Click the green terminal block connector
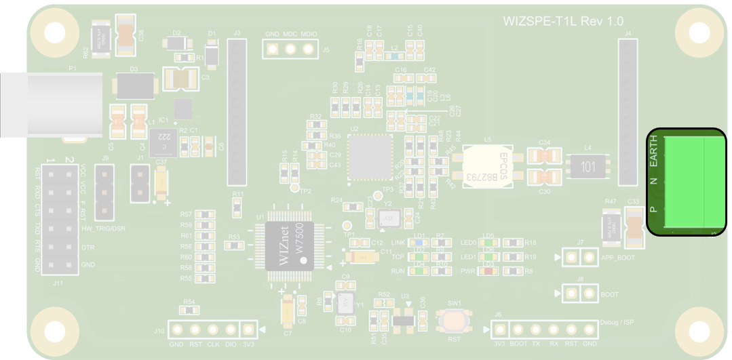[686, 182]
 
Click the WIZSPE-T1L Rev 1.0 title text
[562, 21]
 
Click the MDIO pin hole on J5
[309, 49]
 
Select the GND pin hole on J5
[273, 49]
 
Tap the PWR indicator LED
[488, 271]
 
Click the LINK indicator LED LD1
[419, 242]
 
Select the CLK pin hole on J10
[213, 330]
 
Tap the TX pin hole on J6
[537, 330]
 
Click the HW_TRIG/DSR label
[103, 228]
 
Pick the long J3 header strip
[236, 112]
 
